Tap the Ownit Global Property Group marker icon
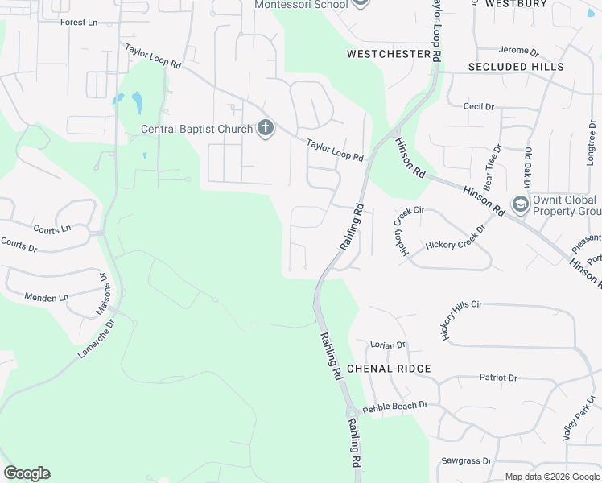tap(520, 204)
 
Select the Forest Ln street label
tap(79, 22)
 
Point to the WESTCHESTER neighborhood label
tap(389, 54)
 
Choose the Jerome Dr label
tap(518, 50)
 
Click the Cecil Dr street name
tap(478, 106)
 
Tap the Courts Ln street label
tap(52, 229)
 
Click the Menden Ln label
tap(47, 298)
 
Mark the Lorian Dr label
tap(388, 345)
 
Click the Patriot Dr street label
tap(498, 377)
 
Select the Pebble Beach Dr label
tap(394, 407)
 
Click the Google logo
tap(27, 473)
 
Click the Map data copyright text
tap(552, 477)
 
